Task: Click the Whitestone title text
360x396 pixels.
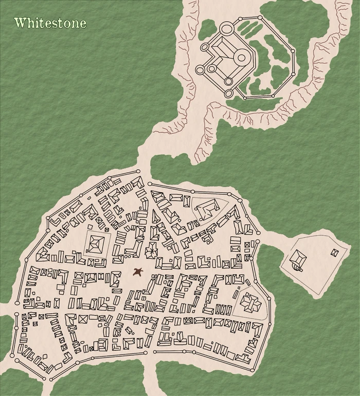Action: coord(50,23)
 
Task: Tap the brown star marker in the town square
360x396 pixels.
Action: coord(137,272)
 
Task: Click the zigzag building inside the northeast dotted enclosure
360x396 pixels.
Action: coord(207,209)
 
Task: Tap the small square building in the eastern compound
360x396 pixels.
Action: coord(335,253)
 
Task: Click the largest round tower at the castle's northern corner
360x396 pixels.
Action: coord(226,28)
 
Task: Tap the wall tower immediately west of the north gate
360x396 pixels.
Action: coord(138,172)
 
